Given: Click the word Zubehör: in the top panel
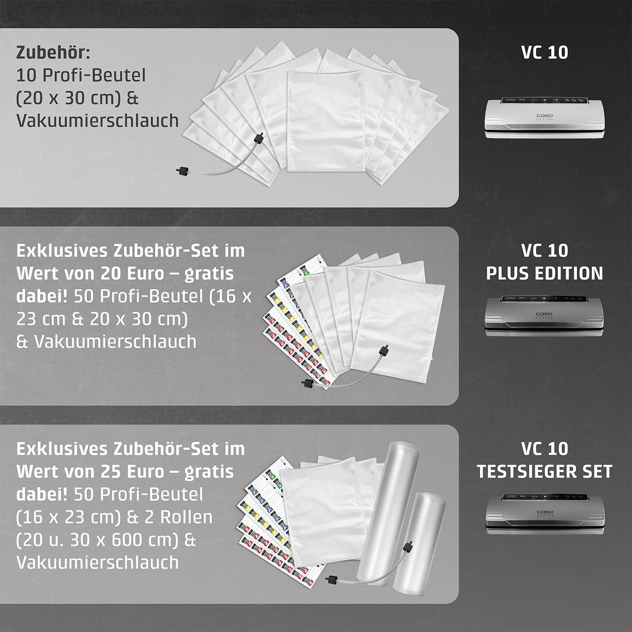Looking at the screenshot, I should coord(53,53).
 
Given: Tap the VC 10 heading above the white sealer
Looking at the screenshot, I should coord(544,52).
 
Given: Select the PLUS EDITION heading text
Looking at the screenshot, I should coord(544,274).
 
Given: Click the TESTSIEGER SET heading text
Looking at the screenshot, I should coord(544,472).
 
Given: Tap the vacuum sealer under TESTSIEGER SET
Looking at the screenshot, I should coord(544,514).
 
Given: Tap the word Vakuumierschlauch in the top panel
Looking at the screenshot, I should coord(98,121).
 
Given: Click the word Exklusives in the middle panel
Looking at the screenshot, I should coord(61,251).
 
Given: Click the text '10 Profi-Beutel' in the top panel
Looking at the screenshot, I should coord(81,75).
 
